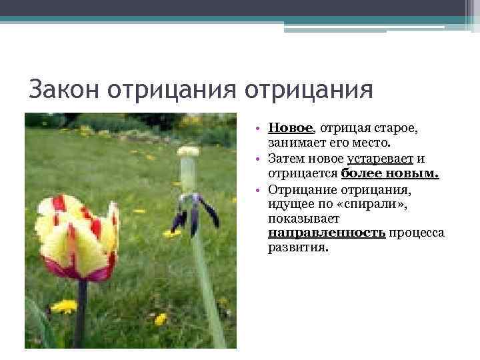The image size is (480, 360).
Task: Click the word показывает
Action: point(304,218)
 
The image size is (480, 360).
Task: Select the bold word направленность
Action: point(327,233)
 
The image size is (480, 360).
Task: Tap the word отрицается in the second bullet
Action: point(303,174)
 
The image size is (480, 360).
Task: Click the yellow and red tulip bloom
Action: point(77,237)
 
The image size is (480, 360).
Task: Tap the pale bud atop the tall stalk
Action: point(188,152)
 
